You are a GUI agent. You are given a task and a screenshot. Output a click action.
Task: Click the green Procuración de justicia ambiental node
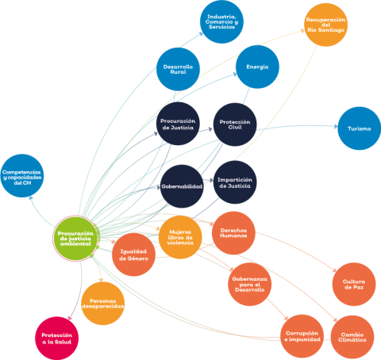[76, 239]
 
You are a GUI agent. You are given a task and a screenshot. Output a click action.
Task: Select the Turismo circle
[360, 128]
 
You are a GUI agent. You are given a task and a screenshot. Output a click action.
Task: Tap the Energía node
[257, 67]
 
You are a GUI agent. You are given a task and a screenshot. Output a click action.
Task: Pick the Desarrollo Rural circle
[178, 69]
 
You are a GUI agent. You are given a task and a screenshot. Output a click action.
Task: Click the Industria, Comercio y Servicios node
[221, 22]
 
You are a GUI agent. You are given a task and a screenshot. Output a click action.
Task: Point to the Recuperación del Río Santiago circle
[325, 25]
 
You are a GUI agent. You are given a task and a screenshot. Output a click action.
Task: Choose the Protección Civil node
[235, 124]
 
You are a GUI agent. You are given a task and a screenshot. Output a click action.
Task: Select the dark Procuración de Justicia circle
[178, 124]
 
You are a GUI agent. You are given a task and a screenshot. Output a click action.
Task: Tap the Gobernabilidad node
[182, 186]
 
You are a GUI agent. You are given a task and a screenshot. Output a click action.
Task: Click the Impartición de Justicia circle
[235, 182]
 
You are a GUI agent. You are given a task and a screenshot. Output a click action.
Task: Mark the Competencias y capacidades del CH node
[22, 176]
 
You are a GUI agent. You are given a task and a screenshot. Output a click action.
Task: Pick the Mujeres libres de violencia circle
[180, 237]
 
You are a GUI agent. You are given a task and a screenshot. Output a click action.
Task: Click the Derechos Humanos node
[233, 233]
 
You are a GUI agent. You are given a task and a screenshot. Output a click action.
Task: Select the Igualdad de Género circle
[133, 255]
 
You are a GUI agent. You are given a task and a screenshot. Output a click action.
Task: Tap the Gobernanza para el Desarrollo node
[250, 285]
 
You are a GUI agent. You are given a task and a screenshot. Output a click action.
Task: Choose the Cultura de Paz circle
[354, 285]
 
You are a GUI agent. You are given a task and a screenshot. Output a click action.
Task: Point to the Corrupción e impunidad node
[302, 336]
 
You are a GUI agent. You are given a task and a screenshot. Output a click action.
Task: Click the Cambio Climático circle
[352, 337]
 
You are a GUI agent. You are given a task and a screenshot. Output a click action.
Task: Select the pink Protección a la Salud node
[57, 339]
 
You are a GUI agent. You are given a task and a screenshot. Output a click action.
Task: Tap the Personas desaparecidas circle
[103, 304]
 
